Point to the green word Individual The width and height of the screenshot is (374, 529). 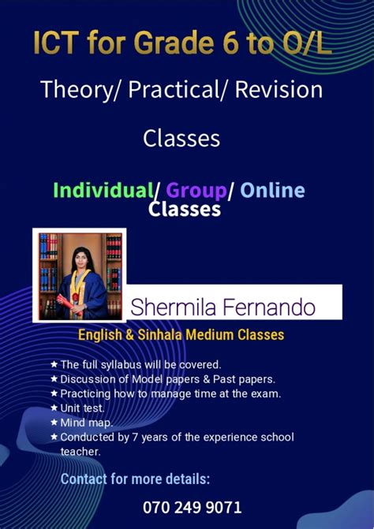[x=103, y=190]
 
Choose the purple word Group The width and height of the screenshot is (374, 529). [x=196, y=190]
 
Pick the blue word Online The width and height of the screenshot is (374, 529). [x=272, y=190]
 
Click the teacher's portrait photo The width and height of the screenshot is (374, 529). [x=79, y=274]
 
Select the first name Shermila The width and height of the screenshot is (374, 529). [x=173, y=306]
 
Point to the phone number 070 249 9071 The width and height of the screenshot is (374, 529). [x=193, y=507]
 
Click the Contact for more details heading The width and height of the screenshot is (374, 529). [x=136, y=479]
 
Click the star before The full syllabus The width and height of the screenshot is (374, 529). [x=54, y=364]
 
